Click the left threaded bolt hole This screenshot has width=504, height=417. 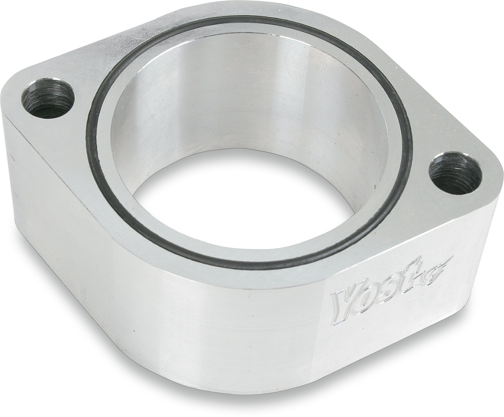click(x=47, y=98)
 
